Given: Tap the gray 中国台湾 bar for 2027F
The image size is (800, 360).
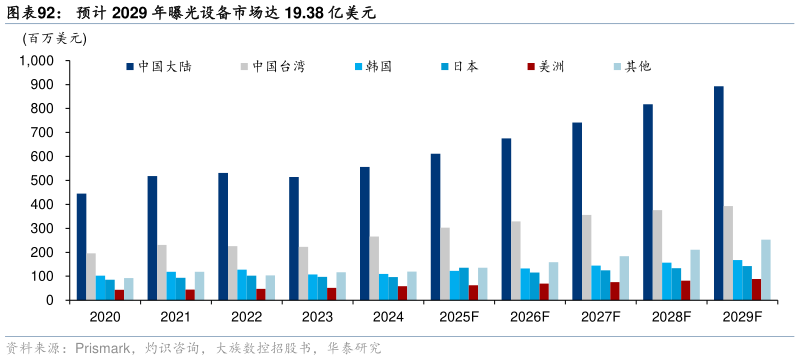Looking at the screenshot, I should [587, 257].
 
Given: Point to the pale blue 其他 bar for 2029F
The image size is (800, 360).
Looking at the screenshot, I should [766, 270].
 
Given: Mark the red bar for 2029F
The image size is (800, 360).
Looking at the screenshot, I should [756, 289].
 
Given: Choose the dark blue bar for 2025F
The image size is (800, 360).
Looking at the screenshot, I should [436, 227].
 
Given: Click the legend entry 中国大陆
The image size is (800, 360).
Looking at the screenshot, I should [165, 66].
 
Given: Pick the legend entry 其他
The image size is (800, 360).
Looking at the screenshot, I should [638, 66].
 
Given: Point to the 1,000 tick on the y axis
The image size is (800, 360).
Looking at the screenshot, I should [36, 60].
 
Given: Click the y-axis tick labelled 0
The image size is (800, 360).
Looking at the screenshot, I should [48, 300].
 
